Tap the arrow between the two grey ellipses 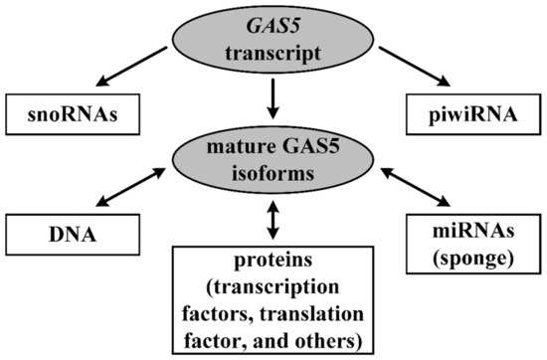(x=273, y=102)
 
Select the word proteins (x=273, y=263)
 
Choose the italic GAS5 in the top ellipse (x=273, y=31)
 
